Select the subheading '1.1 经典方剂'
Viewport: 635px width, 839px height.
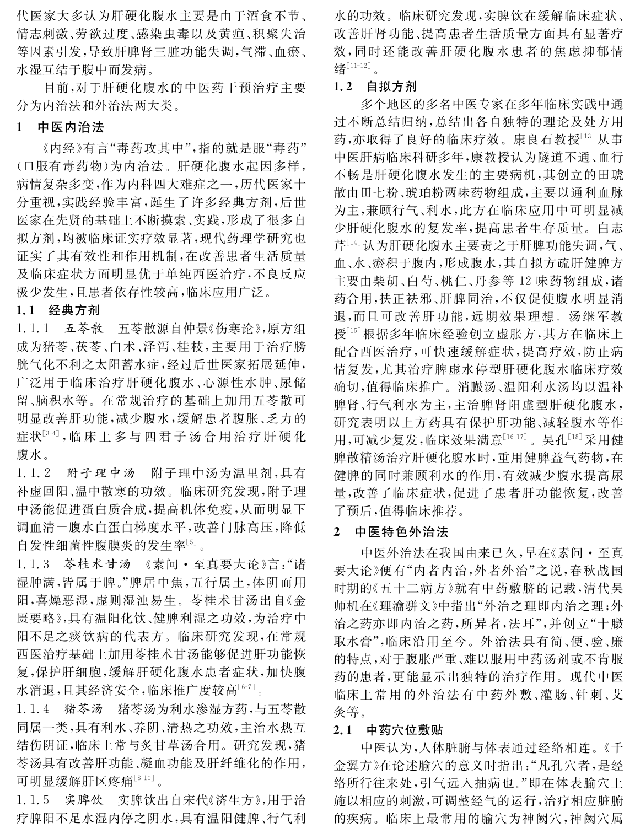58,309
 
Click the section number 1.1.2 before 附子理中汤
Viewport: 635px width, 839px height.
34,474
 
